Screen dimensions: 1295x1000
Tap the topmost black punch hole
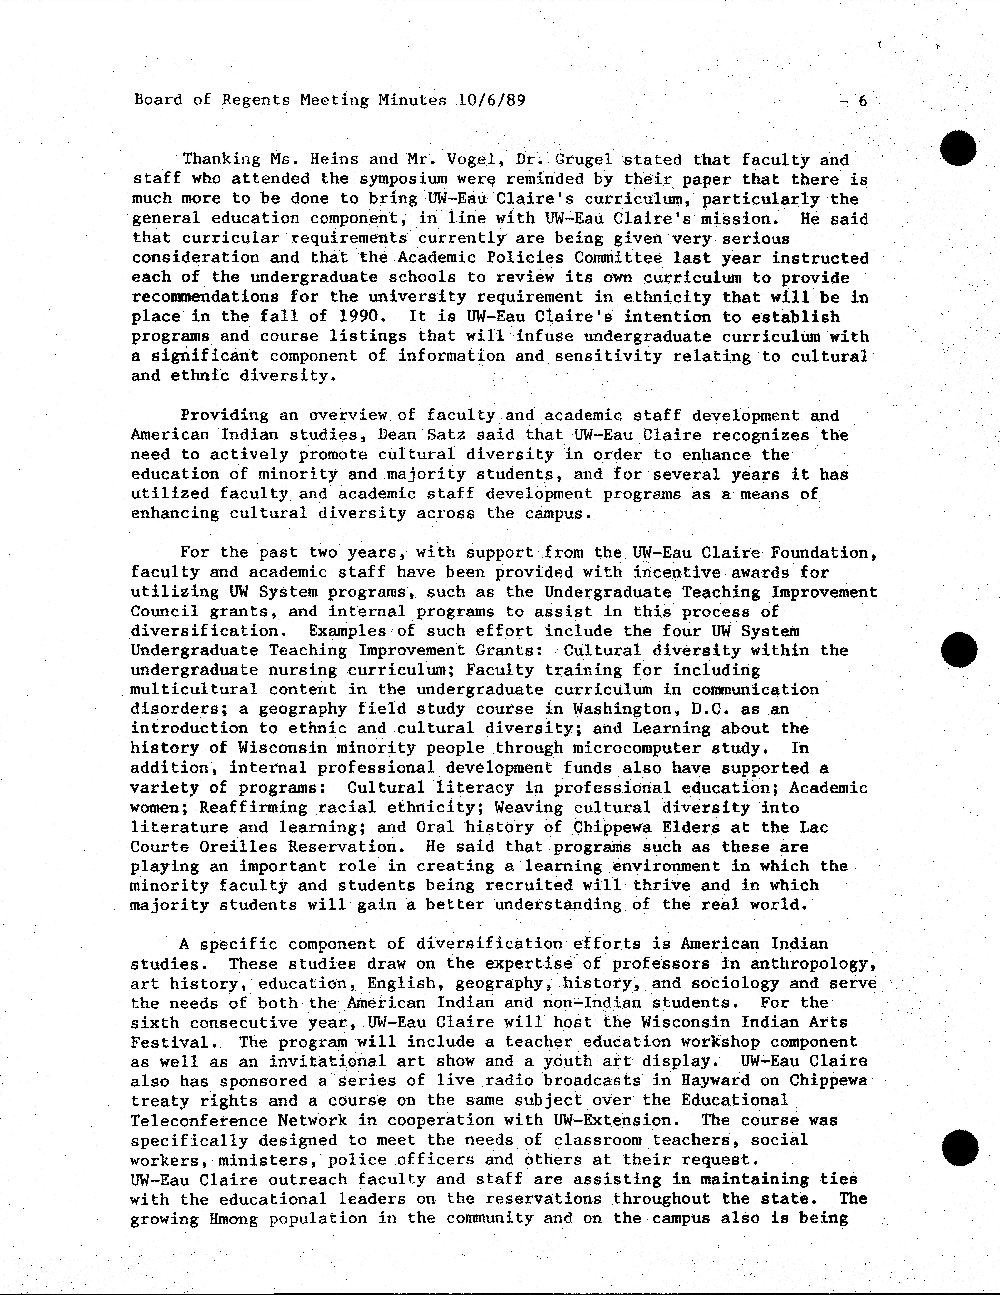[958, 148]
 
